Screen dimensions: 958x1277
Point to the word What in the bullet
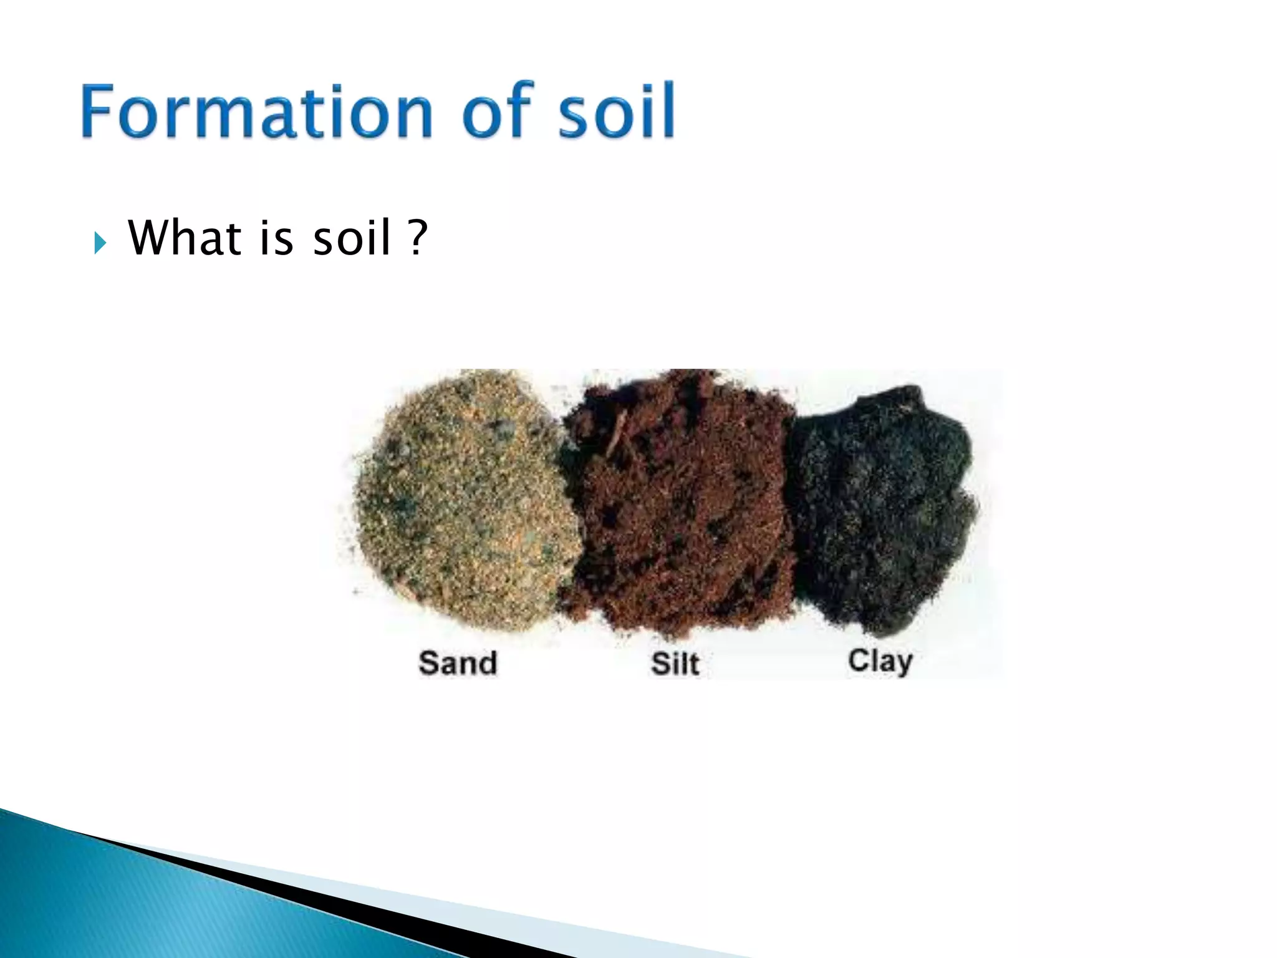pyautogui.click(x=185, y=238)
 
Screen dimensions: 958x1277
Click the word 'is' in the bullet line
pyautogui.click(x=275, y=238)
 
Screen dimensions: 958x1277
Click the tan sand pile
pyautogui.click(x=465, y=499)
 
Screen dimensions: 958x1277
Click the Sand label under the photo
pyautogui.click(x=458, y=662)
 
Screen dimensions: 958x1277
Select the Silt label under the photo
pyautogui.click(x=675, y=663)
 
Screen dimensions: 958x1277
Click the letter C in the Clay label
pyautogui.click(x=858, y=660)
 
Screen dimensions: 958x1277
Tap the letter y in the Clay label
pyautogui.click(x=903, y=664)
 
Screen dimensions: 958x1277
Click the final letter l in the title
pyautogui.click(x=668, y=110)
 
